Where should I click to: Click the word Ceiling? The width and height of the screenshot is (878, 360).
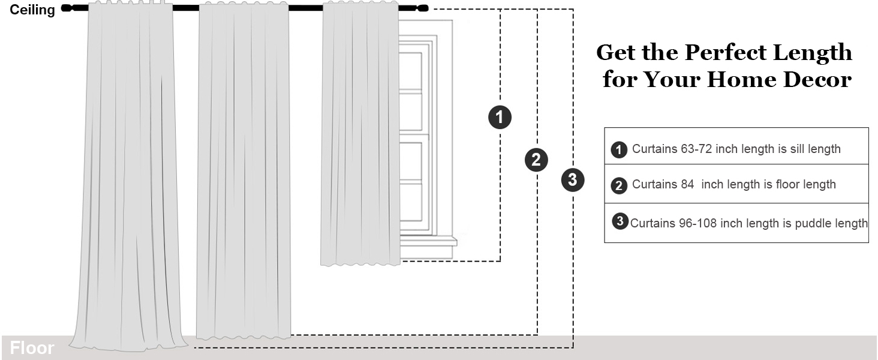tap(32, 10)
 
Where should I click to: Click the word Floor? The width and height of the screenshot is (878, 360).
tap(32, 349)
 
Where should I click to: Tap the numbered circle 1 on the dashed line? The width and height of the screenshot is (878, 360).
tap(500, 117)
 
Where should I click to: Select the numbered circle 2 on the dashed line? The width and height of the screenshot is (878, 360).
tap(536, 160)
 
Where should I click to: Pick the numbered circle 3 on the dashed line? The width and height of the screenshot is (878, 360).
tap(573, 179)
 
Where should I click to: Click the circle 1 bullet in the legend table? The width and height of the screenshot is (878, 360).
tap(619, 149)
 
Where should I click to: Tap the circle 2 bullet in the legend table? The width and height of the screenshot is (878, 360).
tap(619, 185)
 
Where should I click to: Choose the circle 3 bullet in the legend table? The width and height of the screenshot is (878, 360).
tap(620, 221)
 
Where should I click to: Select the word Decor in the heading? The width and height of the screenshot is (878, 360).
tap(818, 80)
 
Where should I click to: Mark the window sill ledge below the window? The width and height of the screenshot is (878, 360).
tap(428, 242)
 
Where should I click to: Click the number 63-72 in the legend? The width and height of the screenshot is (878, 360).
tap(696, 149)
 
